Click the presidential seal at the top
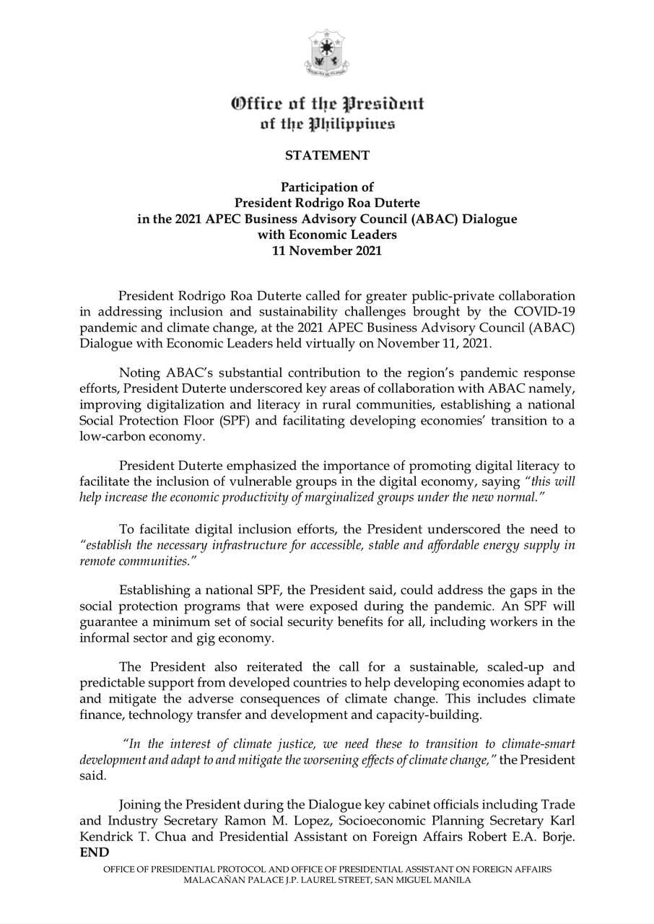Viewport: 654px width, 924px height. point(326,53)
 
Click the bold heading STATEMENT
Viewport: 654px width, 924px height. point(327,155)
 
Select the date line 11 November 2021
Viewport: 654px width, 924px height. point(327,251)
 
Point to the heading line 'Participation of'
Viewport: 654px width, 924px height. point(327,187)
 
